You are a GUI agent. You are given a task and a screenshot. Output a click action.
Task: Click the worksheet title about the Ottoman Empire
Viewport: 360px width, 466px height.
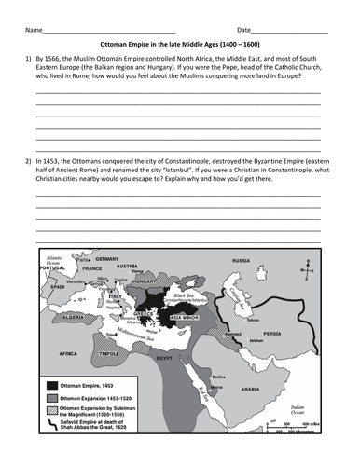(x=180, y=55)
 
